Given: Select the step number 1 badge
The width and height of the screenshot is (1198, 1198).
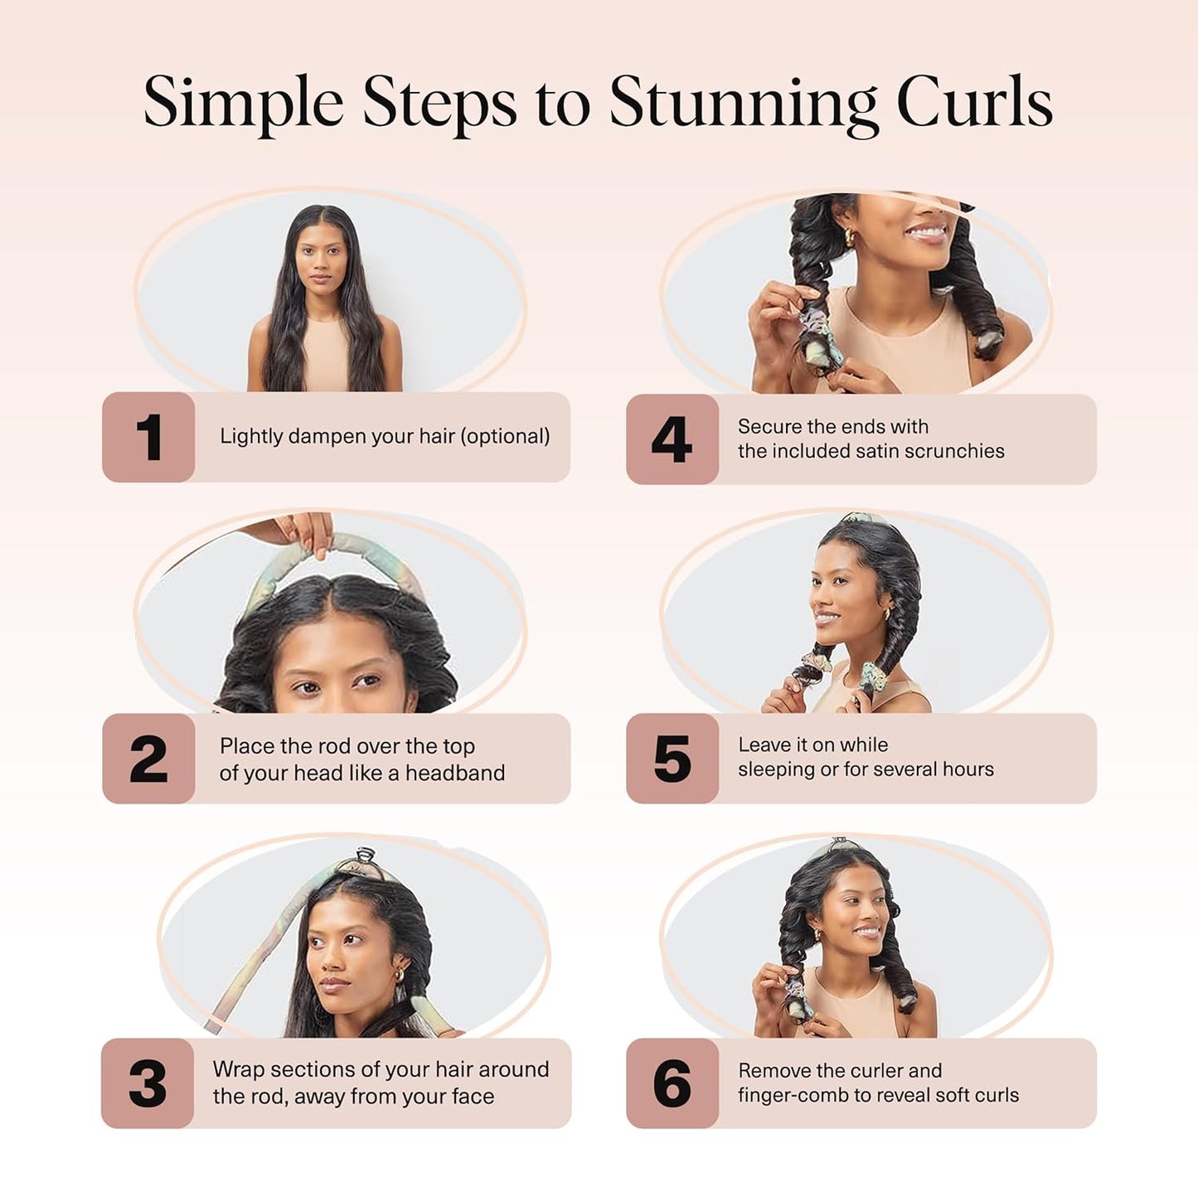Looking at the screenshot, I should click(x=148, y=437).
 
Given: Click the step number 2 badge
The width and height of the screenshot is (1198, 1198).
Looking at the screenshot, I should click(x=148, y=759).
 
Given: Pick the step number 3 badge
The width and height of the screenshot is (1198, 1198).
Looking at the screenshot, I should click(x=148, y=1083).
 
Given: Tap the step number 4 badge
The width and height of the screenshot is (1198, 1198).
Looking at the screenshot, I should click(x=672, y=439).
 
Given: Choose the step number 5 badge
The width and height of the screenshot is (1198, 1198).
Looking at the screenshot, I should click(x=672, y=759).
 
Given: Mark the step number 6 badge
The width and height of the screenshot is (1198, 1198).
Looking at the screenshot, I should click(x=672, y=1083).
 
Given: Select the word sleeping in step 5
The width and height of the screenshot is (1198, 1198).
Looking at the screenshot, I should click(x=776, y=770).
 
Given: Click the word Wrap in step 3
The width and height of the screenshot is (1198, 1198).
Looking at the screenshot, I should click(x=238, y=1069).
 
